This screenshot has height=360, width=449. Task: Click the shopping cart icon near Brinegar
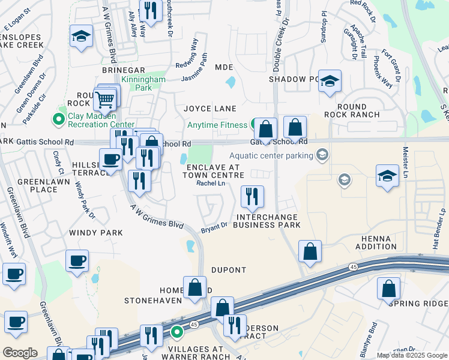105,99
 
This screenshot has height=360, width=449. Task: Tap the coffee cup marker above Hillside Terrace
110,160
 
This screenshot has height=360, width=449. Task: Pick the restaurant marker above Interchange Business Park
252,196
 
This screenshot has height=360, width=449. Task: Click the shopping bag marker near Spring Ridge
388,289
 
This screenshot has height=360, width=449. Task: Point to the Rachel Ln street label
211,184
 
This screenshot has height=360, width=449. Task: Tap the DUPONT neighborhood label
229,270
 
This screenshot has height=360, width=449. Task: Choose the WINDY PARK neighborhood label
95,232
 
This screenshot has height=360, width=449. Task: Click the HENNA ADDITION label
376,242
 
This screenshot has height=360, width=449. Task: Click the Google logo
20,352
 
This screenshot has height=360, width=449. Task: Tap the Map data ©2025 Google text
412,355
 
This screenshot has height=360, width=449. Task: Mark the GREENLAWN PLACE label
37,185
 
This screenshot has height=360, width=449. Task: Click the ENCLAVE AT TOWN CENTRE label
214,171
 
